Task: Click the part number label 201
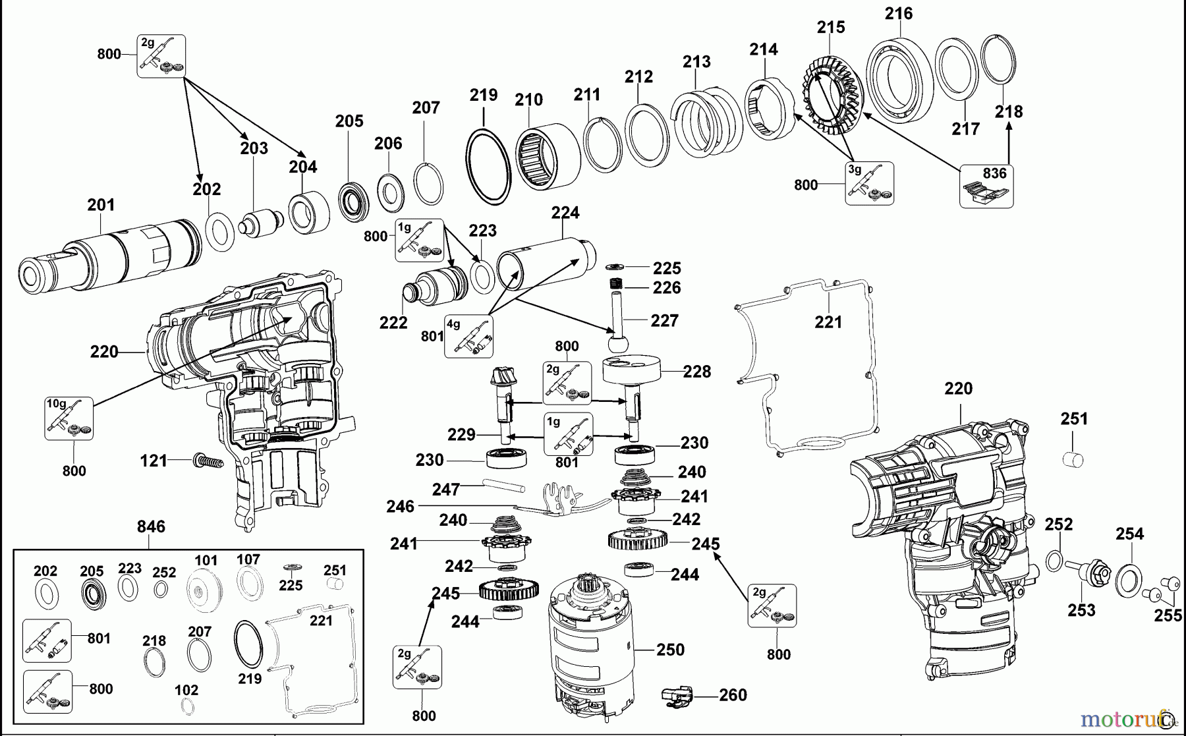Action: point(101,205)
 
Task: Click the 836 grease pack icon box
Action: point(986,186)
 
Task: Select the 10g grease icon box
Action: point(69,418)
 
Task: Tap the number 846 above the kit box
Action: point(151,526)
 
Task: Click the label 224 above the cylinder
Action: point(565,213)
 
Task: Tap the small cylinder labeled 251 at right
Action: point(1074,459)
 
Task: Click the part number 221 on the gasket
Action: point(828,322)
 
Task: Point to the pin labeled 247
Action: point(504,486)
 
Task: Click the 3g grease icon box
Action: point(870,183)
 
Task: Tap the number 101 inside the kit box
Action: point(206,561)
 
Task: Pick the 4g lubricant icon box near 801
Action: point(468,336)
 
